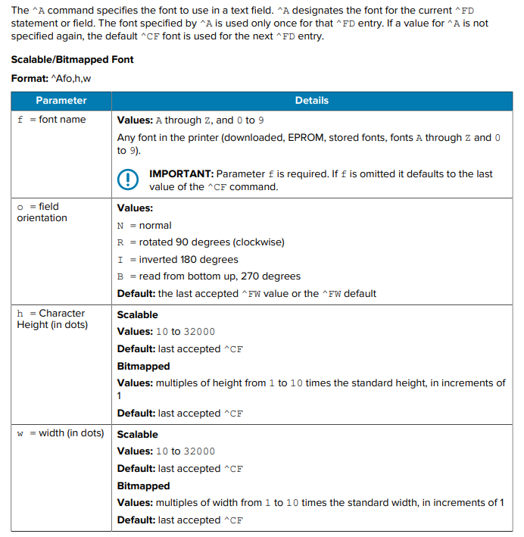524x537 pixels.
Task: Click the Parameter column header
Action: coord(61,100)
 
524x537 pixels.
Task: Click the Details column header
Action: coord(311,100)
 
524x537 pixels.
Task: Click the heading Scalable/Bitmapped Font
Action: coord(72,59)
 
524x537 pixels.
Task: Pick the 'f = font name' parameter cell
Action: coord(51,120)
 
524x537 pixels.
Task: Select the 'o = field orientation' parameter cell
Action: coord(42,212)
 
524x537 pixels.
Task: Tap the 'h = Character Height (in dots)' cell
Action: coord(51,319)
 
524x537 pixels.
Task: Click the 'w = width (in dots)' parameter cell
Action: coord(61,433)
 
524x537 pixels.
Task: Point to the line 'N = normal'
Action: coord(145,225)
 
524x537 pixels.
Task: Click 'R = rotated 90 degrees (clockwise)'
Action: coord(201,242)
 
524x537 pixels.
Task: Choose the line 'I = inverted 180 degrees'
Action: coord(178,259)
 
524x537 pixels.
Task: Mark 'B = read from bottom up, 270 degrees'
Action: coord(209,276)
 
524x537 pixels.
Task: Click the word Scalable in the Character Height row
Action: coord(138,314)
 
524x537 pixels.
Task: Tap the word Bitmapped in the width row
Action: coord(143,485)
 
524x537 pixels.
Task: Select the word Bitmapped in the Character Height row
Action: coord(143,366)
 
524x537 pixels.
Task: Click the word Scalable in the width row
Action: coord(138,434)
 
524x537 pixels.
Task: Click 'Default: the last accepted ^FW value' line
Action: coord(247,293)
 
